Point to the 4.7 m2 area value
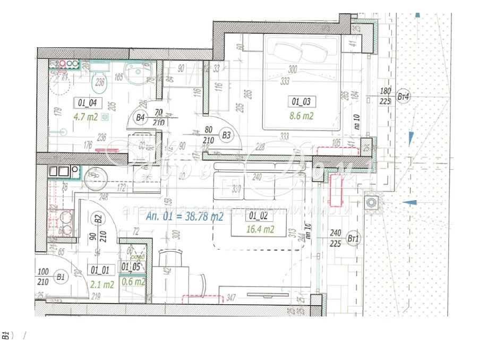(x=86, y=117)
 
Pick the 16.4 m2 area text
(x=260, y=229)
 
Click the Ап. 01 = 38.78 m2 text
(x=184, y=216)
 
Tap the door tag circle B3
(x=227, y=135)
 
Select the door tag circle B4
(x=140, y=118)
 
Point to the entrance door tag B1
(x=61, y=277)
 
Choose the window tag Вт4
(x=404, y=97)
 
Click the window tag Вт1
(x=353, y=239)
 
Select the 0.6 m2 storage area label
(x=133, y=282)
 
